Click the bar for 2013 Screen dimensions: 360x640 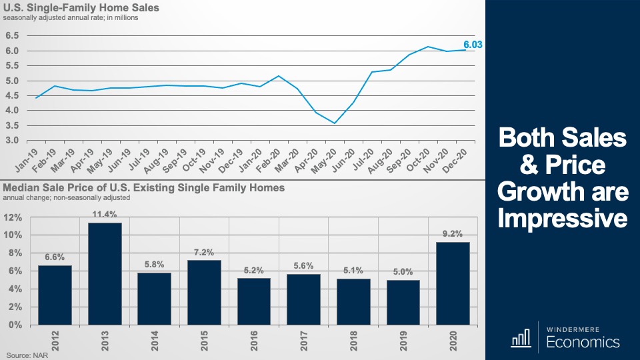(105, 273)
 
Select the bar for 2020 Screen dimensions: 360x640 (453, 283)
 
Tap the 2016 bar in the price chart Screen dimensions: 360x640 (253, 301)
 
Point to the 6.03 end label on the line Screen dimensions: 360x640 (473, 45)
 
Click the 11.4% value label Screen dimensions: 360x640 (105, 214)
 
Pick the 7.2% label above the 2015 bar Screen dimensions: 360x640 (204, 252)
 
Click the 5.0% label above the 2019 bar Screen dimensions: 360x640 (403, 271)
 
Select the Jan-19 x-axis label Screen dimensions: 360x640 (28, 157)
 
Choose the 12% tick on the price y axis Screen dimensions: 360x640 (14, 217)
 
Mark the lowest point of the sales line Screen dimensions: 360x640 (335, 123)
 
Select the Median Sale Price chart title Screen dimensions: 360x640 (144, 188)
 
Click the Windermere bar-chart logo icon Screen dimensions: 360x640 (519, 339)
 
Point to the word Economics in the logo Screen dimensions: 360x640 (583, 343)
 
